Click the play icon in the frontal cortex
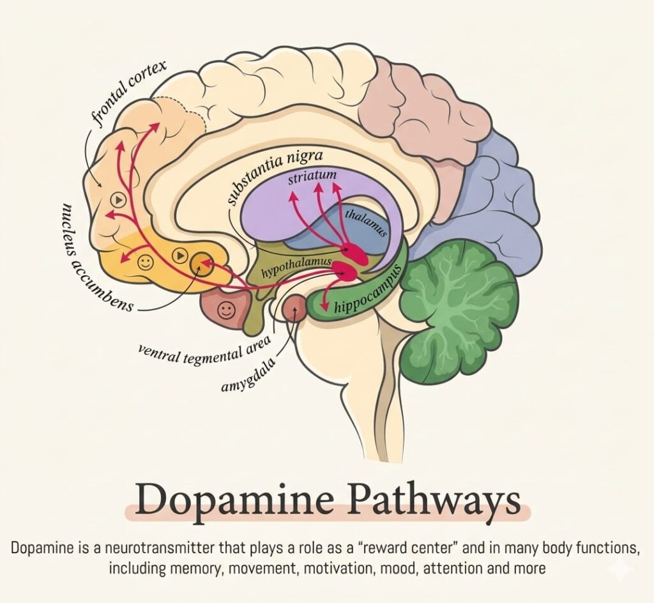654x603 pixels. tap(117, 199)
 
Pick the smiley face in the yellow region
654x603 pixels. tap(146, 261)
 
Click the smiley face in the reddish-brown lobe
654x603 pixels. tap(225, 310)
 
